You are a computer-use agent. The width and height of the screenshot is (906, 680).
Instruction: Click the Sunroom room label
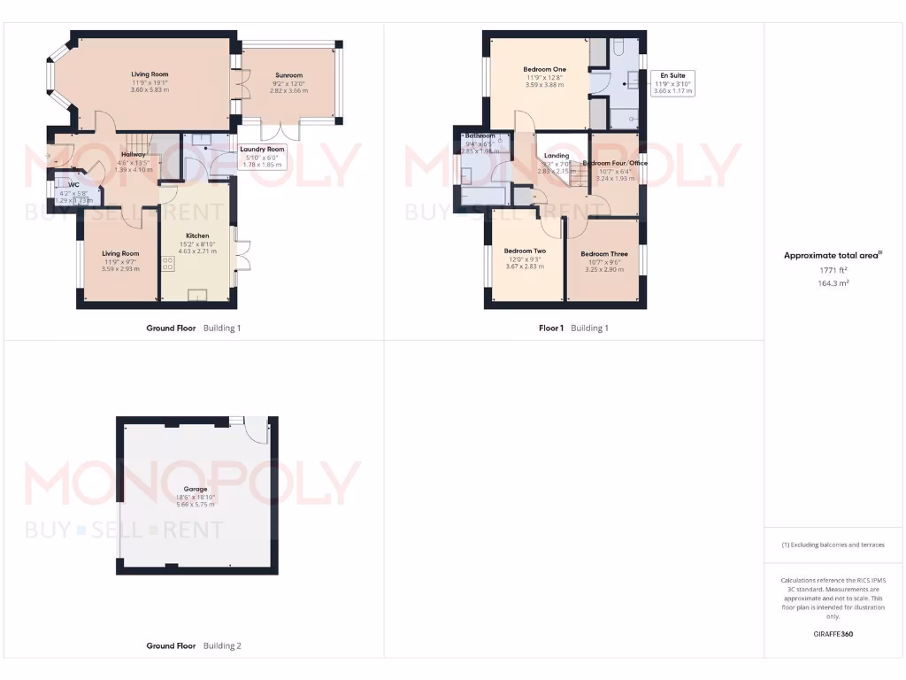[288, 75]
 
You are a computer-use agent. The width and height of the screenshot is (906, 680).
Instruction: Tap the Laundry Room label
[262, 149]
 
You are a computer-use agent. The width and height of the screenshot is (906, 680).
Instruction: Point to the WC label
[73, 185]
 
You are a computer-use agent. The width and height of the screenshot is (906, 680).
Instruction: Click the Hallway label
[134, 154]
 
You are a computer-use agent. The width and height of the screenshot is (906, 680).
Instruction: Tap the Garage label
[196, 489]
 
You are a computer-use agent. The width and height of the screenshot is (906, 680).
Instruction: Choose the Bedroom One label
[544, 69]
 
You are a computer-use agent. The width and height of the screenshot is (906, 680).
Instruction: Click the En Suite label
[673, 75]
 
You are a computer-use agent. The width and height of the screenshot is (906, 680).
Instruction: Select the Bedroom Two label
[525, 251]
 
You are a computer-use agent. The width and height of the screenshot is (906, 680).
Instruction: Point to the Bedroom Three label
[604, 254]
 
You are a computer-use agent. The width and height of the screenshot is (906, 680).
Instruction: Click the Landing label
[557, 156]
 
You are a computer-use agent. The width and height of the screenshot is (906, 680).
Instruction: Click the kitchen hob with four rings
[167, 263]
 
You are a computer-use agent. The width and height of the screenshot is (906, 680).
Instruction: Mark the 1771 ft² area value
[833, 270]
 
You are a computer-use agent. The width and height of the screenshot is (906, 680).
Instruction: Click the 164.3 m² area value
[833, 283]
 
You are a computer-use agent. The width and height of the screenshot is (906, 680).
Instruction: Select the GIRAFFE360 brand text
[833, 634]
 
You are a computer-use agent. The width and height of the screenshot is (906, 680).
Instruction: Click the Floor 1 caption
[550, 328]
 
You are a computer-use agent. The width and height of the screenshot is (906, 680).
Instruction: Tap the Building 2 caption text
[221, 645]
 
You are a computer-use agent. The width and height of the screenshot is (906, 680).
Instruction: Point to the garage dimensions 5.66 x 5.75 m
[196, 506]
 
